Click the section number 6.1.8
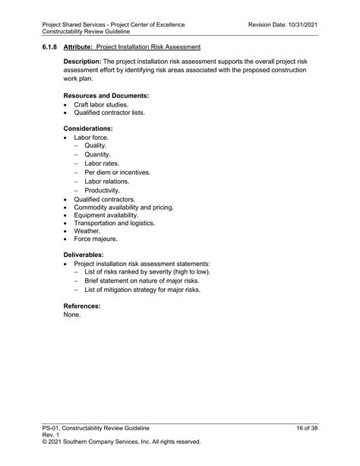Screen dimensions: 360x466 pyautogui.click(x=50, y=47)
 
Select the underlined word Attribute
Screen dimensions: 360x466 pyautogui.click(x=78, y=47)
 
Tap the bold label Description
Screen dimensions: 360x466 pyautogui.click(x=82, y=60)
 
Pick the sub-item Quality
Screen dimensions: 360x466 pyautogui.click(x=96, y=146)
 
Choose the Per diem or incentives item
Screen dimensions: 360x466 pyautogui.click(x=117, y=173)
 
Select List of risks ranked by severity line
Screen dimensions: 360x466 pyautogui.click(x=147, y=272)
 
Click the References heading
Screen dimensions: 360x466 pyautogui.click(x=82, y=306)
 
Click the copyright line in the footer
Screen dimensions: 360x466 pyautogui.click(x=122, y=441)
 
